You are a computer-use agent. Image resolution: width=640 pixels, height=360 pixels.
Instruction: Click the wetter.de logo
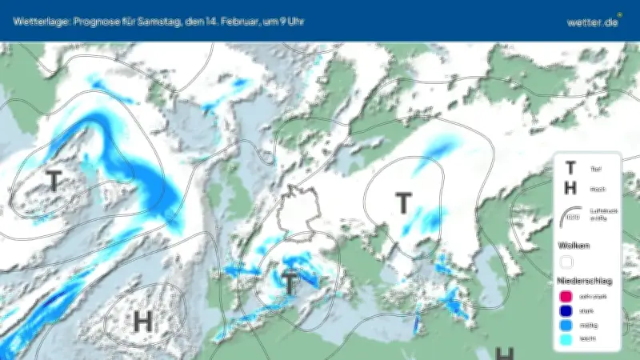click(593, 22)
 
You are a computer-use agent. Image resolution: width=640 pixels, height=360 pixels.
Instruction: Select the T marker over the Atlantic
click(54, 180)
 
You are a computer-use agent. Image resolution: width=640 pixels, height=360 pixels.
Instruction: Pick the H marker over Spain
click(142, 321)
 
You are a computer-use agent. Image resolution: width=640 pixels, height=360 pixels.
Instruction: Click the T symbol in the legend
click(570, 168)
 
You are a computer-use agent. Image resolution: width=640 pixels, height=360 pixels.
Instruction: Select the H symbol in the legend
click(570, 188)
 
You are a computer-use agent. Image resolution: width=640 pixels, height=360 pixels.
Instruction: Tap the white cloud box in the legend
click(567, 261)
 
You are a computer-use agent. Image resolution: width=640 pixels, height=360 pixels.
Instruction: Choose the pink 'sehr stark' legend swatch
click(567, 298)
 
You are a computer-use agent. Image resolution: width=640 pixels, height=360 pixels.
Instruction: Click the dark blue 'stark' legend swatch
click(567, 311)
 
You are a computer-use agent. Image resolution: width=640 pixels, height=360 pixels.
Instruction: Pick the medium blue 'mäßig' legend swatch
click(567, 326)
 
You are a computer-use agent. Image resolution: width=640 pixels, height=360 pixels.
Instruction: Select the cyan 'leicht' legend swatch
click(567, 339)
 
